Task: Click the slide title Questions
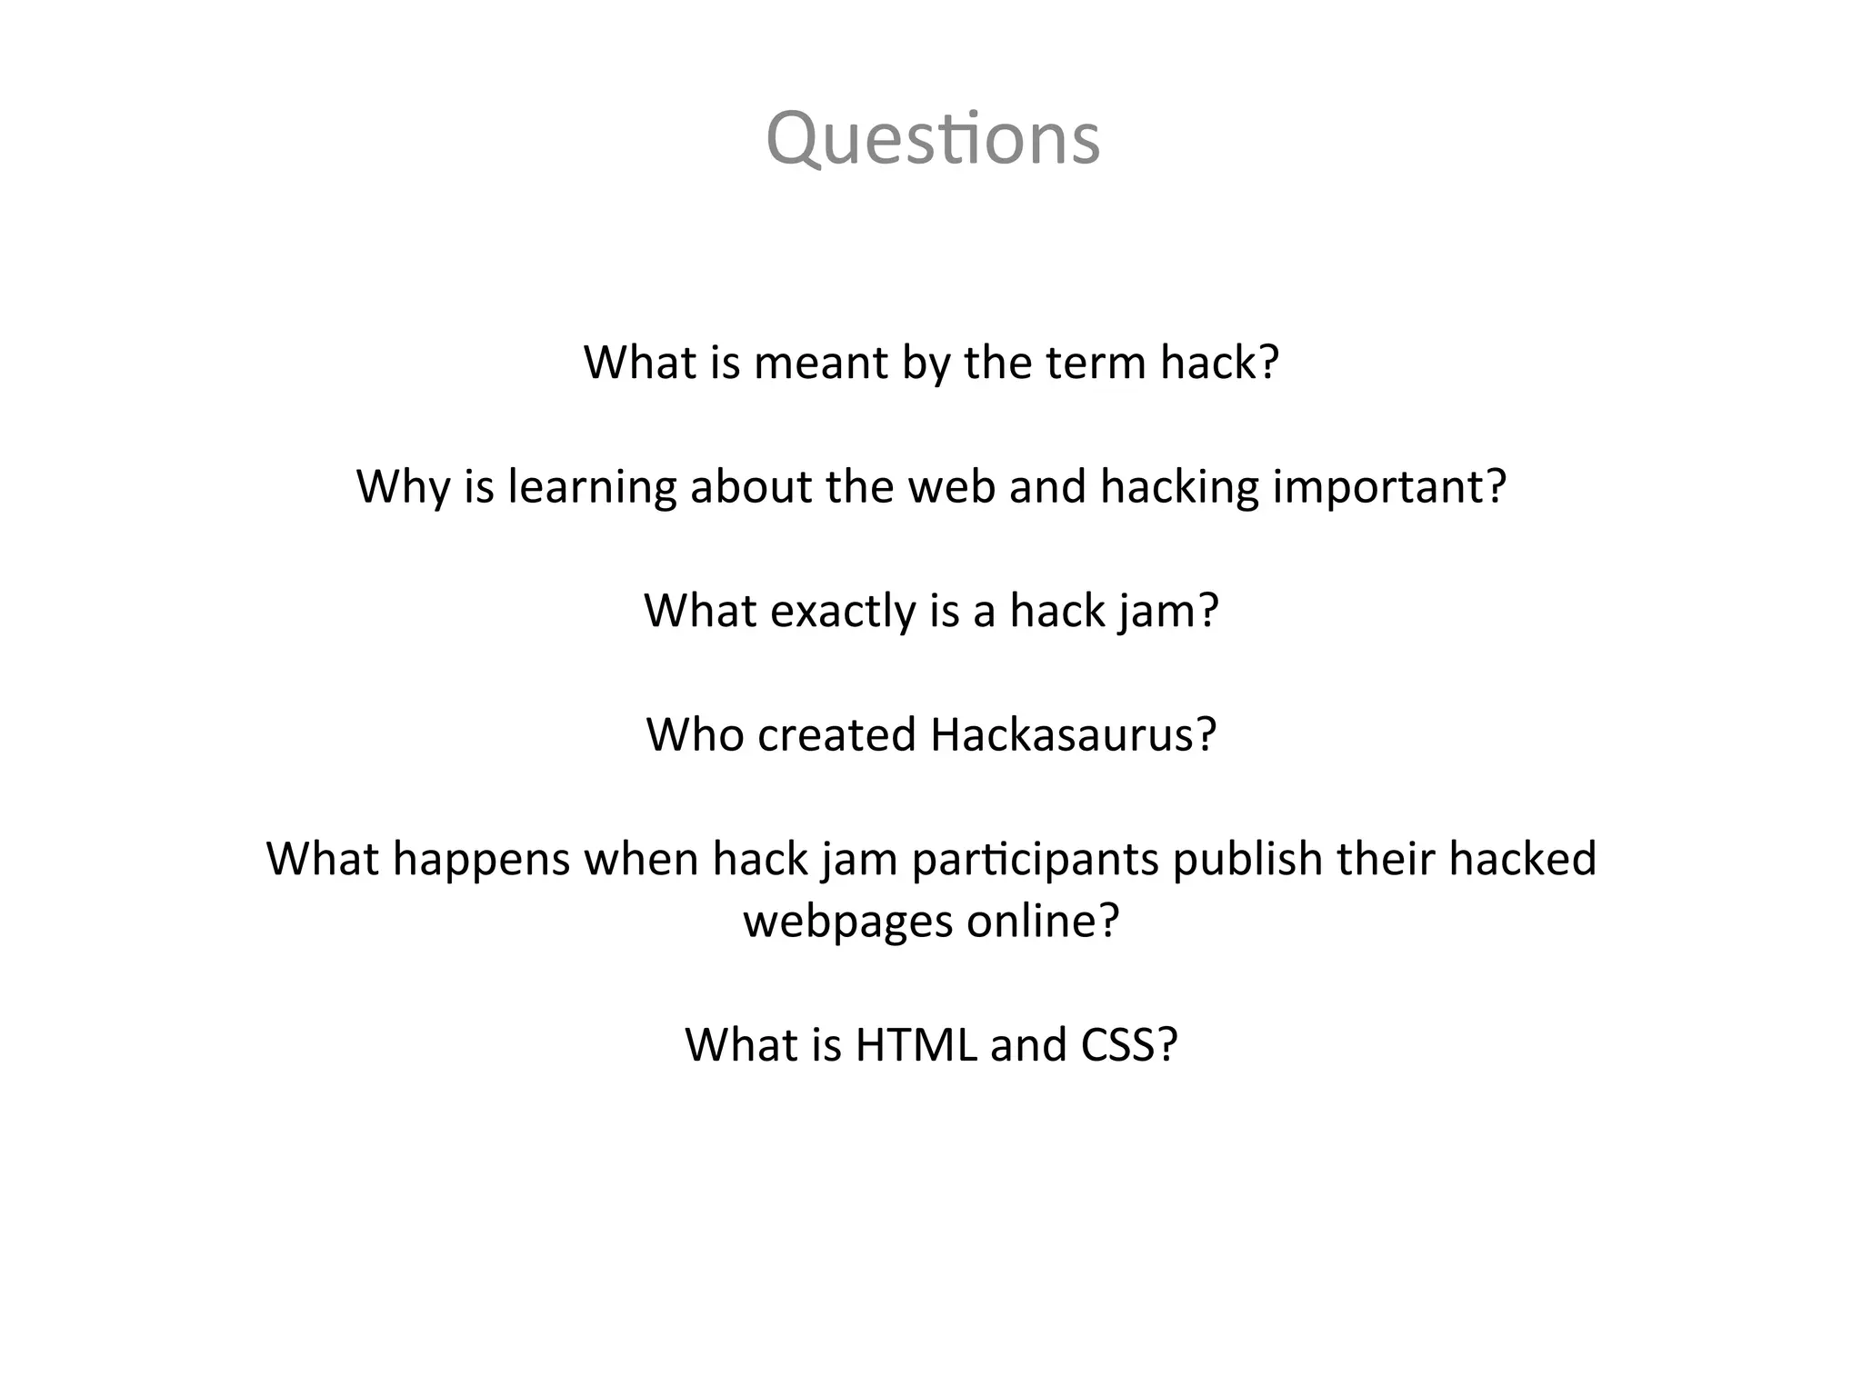933,138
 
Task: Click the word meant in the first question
820,363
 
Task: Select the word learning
591,488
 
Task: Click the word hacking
1179,488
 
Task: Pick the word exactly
843,612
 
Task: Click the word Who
695,734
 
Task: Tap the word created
836,734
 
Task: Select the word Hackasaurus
1073,734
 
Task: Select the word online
1042,922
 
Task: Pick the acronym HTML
915,1045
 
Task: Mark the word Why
403,488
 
